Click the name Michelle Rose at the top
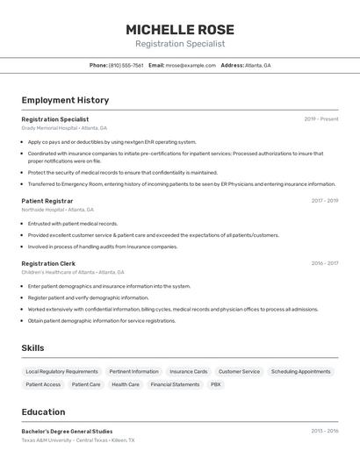click(179, 29)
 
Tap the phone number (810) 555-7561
click(126, 65)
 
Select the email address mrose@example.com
click(191, 65)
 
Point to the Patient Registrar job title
click(47, 201)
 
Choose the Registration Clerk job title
click(48, 263)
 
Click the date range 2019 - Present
click(320, 119)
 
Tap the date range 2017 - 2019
click(324, 201)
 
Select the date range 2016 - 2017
click(324, 263)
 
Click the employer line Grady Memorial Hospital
click(64, 128)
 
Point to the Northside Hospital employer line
click(57, 210)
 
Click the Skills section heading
click(32, 348)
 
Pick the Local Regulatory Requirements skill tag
click(61, 372)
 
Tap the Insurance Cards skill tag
click(188, 372)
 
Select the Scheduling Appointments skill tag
click(300, 372)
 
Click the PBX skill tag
click(216, 384)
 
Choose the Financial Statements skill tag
click(175, 384)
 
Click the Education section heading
click(43, 412)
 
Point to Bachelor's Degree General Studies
click(67, 432)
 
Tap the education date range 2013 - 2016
click(324, 432)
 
